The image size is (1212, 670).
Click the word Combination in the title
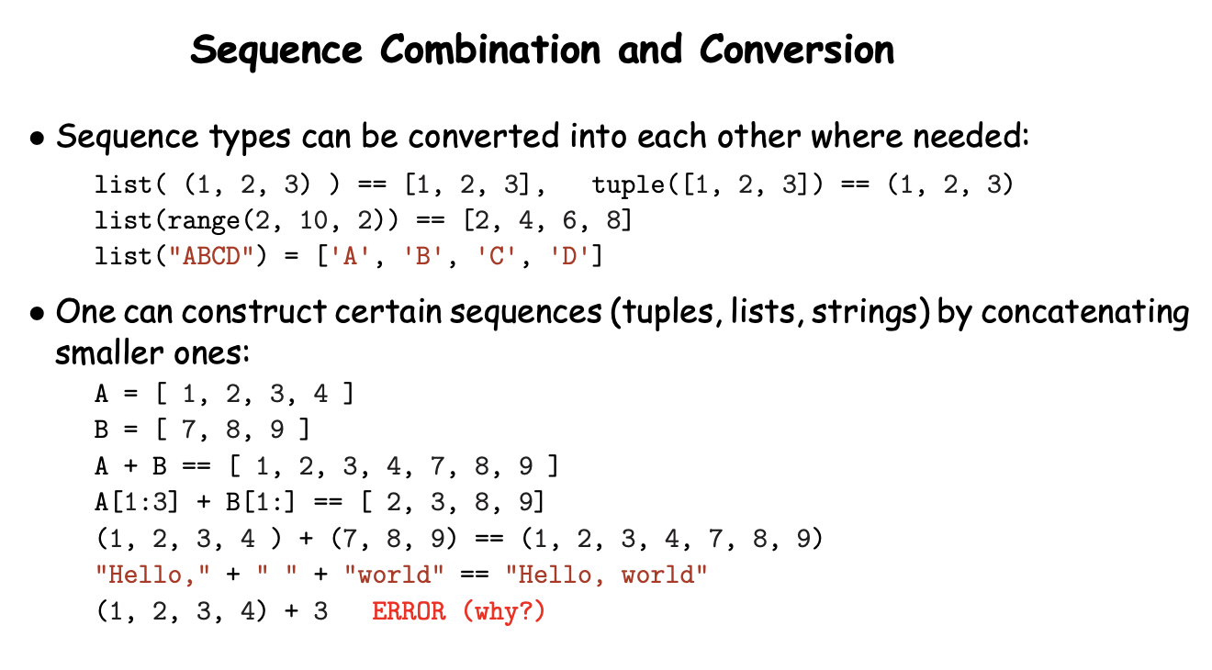(490, 50)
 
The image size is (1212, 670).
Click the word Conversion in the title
(796, 50)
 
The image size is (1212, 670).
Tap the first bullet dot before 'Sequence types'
(37, 140)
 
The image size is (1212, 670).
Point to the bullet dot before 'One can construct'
(37, 315)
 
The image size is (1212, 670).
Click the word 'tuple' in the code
(628, 185)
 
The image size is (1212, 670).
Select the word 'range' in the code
(204, 221)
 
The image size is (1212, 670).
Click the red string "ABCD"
(211, 256)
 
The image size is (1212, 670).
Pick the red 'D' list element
(568, 256)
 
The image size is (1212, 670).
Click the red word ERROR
(409, 611)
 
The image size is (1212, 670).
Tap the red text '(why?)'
(504, 611)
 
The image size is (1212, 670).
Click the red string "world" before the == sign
(394, 575)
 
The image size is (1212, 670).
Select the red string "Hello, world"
(606, 575)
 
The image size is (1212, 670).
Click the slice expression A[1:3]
(136, 502)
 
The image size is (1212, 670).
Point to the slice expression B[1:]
(261, 502)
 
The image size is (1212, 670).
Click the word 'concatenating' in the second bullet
(1085, 313)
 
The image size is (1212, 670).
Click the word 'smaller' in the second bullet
(109, 353)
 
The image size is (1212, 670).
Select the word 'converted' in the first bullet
(484, 136)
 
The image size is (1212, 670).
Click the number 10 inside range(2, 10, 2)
(313, 220)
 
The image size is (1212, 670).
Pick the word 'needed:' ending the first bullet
(971, 136)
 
